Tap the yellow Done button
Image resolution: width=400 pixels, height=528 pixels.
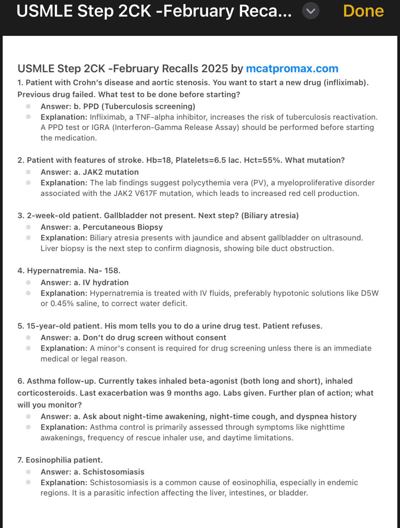point(363,11)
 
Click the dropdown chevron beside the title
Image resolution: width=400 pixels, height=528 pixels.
point(311,11)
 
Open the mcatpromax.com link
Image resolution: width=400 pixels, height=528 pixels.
point(292,69)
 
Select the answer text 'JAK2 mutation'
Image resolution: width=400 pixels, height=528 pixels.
point(110,172)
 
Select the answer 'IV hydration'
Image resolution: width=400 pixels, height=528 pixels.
point(105,283)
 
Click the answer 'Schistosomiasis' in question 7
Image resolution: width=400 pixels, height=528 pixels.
point(113,472)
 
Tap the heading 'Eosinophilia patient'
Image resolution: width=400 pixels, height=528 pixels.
point(64,460)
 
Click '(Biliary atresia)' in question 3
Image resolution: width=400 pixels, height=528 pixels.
point(270,216)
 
